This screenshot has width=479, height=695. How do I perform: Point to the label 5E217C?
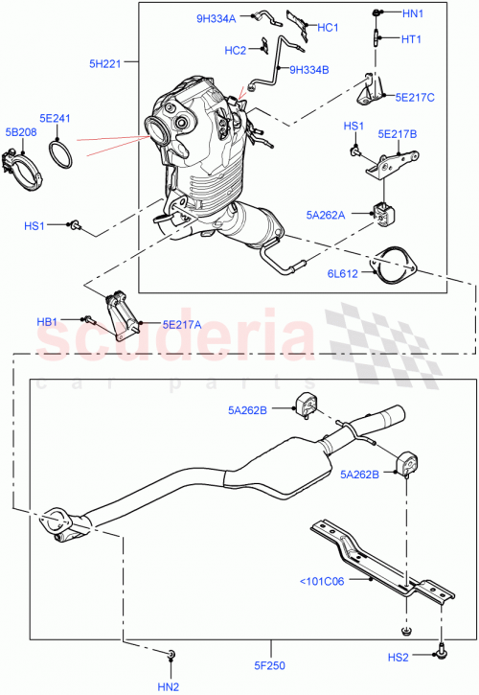tap(415, 97)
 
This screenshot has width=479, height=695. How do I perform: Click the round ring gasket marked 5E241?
tap(62, 153)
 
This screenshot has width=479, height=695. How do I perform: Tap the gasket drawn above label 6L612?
tap(388, 263)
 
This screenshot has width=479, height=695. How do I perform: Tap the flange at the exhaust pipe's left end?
tap(59, 525)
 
